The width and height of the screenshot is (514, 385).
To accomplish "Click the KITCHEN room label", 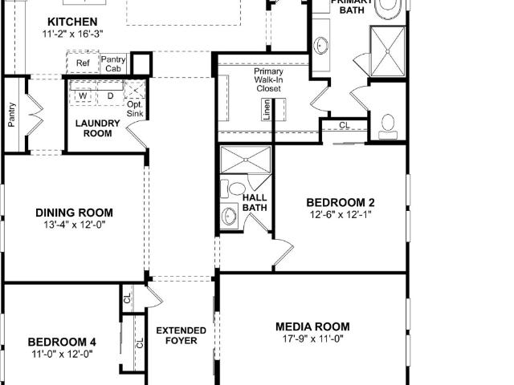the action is coord(72,22).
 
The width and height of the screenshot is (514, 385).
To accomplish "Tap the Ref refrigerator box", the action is coord(83,63).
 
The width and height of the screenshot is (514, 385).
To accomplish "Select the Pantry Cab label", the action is coord(113,64).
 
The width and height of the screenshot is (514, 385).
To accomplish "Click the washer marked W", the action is coord(83,96).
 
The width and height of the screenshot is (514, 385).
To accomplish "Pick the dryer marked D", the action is coord(111,96).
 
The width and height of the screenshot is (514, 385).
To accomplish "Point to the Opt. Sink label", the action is coord(135,109).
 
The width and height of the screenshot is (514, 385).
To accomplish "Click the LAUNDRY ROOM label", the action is coord(97,128).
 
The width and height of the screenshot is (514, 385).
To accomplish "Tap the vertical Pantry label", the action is coord(12,115).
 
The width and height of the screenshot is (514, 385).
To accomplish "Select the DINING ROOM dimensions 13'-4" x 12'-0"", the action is coord(75,225).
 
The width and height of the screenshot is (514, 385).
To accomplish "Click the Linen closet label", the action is coord(267,110).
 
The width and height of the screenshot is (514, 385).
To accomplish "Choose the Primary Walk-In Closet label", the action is coord(268,79).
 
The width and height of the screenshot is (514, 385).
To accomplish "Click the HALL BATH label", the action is coord(255,202).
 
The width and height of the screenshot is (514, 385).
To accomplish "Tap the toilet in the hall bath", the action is coord(234,189).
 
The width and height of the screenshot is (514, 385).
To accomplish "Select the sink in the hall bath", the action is coord(229,216).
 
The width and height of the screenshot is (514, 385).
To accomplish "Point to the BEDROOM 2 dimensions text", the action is coord(341,215).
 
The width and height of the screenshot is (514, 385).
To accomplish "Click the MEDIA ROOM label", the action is coord(312,326).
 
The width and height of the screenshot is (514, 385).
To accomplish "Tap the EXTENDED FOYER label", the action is coord(182,335).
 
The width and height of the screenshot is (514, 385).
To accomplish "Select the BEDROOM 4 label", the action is coord(62,342).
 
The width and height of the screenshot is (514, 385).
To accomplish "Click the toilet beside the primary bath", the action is coord(388,127).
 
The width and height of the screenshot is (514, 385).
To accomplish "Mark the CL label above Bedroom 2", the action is coord(345,125).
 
